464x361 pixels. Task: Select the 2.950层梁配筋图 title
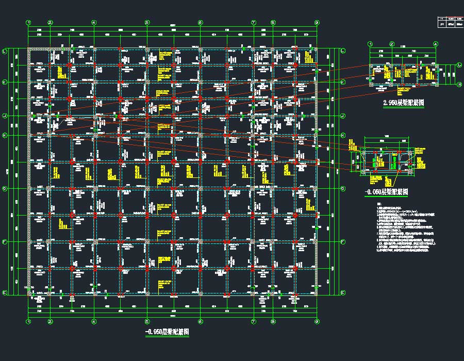click(x=403, y=103)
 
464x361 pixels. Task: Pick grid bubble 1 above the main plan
click(x=29, y=23)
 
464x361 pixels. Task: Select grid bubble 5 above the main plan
click(x=147, y=23)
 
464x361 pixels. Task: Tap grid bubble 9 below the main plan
click(x=317, y=321)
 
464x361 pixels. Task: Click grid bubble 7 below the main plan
click(x=254, y=321)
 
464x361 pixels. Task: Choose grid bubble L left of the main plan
click(x=5, y=51)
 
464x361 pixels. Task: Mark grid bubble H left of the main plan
click(x=5, y=136)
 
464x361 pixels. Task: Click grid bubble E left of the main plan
click(x=5, y=293)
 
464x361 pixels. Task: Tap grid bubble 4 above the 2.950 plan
click(x=436, y=44)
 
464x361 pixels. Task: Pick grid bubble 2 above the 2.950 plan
click(x=392, y=44)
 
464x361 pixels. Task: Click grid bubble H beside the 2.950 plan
click(x=459, y=84)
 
